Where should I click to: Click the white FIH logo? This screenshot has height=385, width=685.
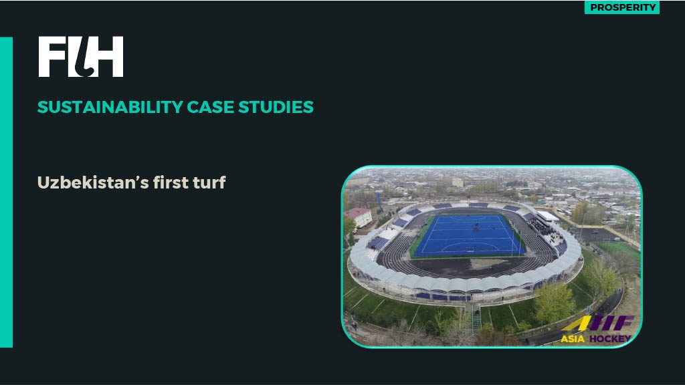[81, 57]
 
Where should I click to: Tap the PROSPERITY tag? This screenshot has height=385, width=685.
[622, 7]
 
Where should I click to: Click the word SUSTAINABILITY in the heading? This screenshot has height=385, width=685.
[110, 108]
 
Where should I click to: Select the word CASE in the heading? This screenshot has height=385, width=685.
[211, 108]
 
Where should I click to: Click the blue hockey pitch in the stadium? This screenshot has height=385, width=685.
[468, 235]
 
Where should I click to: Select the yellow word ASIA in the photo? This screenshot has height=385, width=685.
[573, 339]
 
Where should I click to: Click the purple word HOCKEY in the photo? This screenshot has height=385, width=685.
[610, 339]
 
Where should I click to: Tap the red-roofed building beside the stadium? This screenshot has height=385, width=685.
[359, 217]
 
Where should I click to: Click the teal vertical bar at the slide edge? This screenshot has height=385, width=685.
[6, 192]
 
